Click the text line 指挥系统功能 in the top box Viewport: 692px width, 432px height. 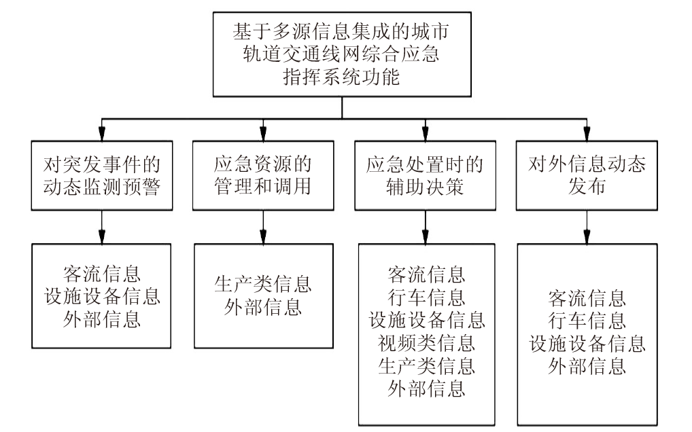point(341,77)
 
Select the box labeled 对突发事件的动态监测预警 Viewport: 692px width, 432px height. point(101,176)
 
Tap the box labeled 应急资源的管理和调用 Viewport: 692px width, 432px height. point(262,176)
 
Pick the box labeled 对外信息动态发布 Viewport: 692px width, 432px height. point(587,176)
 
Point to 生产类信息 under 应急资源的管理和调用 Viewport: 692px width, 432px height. point(263,284)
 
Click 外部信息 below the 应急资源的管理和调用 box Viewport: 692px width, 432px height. point(263,308)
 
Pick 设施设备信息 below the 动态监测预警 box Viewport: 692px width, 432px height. point(102,297)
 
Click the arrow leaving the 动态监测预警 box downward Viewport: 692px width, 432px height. point(101,228)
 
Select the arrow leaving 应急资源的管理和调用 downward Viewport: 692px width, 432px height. point(262,228)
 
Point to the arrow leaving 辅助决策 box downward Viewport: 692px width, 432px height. point(426,228)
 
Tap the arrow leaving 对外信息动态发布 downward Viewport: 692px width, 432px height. point(587,228)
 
